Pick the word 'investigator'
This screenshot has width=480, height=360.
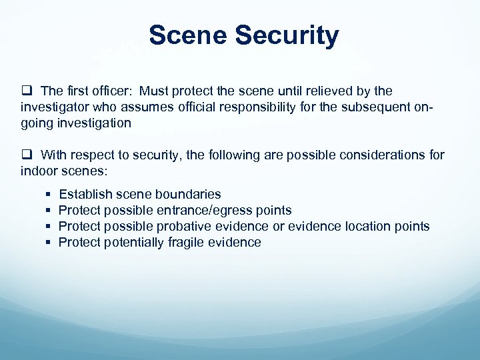tap(55, 107)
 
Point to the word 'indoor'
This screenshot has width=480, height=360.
tap(39, 171)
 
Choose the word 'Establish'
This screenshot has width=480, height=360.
tap(85, 195)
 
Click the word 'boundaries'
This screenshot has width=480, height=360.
tap(188, 195)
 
